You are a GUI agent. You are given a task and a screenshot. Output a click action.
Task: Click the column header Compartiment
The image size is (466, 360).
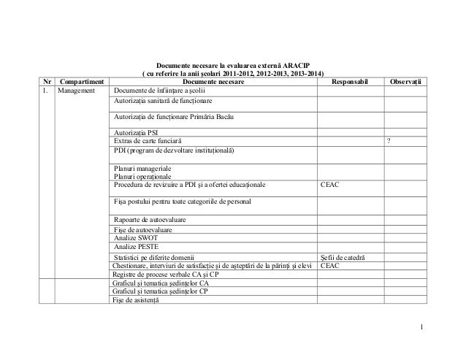(80, 81)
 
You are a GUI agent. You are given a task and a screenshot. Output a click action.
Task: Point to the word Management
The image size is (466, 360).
(82, 91)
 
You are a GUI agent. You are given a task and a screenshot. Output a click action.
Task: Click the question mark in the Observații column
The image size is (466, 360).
(388, 140)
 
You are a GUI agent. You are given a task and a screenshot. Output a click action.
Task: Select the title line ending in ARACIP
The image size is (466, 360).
(232, 65)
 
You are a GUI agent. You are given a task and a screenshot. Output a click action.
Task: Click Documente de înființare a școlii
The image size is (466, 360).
(160, 91)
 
